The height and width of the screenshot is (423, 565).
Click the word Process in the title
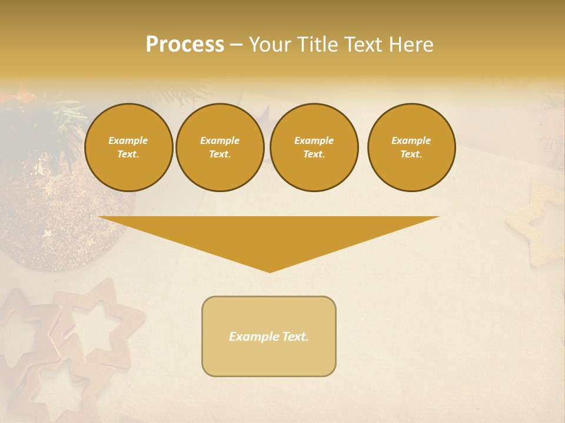[185, 45]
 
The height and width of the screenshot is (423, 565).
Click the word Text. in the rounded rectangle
[295, 337]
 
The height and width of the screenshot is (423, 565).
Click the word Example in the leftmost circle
[128, 140]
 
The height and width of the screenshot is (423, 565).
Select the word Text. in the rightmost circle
[411, 154]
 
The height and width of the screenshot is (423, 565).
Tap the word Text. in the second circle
[220, 154]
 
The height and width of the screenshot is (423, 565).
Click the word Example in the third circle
[314, 140]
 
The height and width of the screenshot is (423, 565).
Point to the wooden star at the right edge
[539, 226]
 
